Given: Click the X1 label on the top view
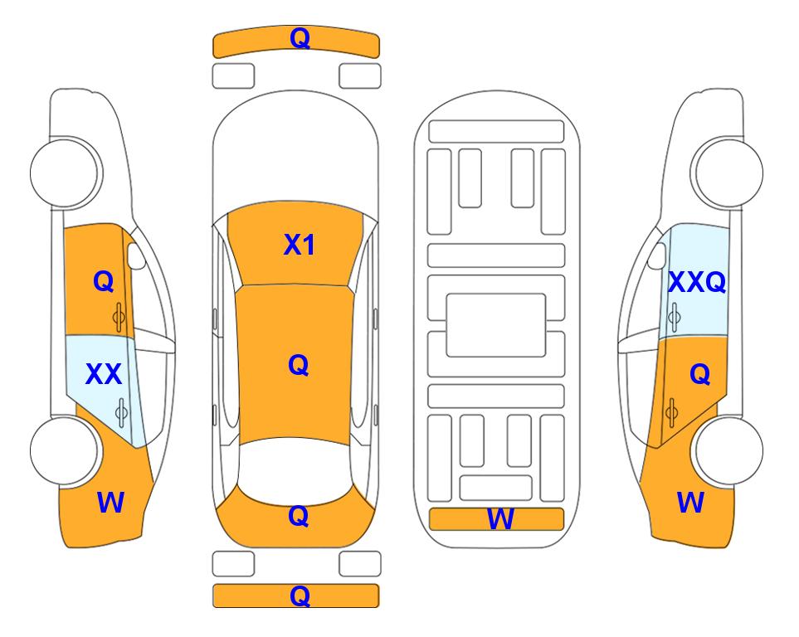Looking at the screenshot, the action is point(300,245).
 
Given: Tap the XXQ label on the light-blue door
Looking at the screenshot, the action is point(697,282).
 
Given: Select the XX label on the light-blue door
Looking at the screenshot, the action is point(104,374).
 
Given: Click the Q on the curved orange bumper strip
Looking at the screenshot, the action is point(300,38).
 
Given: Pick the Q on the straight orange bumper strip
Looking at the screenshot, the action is point(300,596).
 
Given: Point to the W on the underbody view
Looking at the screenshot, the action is point(499,519).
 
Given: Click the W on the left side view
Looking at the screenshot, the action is point(110,503).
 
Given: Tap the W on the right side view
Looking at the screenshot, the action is point(690,503).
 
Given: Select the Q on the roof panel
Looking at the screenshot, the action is point(298,366).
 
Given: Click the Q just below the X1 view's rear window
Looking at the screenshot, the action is point(298,516).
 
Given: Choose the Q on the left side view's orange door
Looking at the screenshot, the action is point(103,281).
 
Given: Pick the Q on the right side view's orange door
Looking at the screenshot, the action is point(699,375).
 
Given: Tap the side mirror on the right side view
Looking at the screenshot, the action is point(656,255).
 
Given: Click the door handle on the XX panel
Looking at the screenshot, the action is point(121,412).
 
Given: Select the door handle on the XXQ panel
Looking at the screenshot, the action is point(674,317).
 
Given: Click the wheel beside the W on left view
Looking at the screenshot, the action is point(65,450).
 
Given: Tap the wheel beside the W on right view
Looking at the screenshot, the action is point(727,450).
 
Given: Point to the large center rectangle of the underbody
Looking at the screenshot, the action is point(496,325).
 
